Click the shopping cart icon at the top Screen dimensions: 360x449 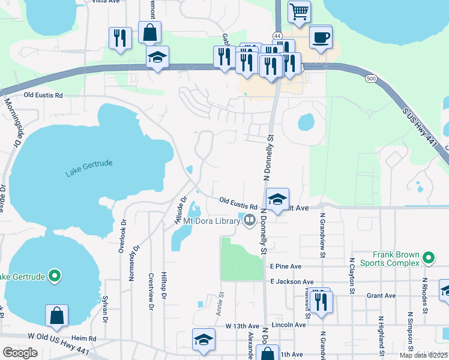[299, 11]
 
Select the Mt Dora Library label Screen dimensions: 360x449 [212, 221]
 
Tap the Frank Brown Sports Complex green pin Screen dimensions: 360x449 [429, 258]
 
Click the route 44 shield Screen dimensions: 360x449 [278, 37]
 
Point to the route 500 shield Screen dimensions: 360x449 [372, 79]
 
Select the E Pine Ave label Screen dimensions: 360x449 [286, 266]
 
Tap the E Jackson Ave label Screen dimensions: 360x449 [292, 281]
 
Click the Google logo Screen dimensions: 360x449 [20, 353]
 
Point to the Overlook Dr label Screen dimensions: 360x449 [124, 235]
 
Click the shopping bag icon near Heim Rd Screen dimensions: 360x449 [56, 316]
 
